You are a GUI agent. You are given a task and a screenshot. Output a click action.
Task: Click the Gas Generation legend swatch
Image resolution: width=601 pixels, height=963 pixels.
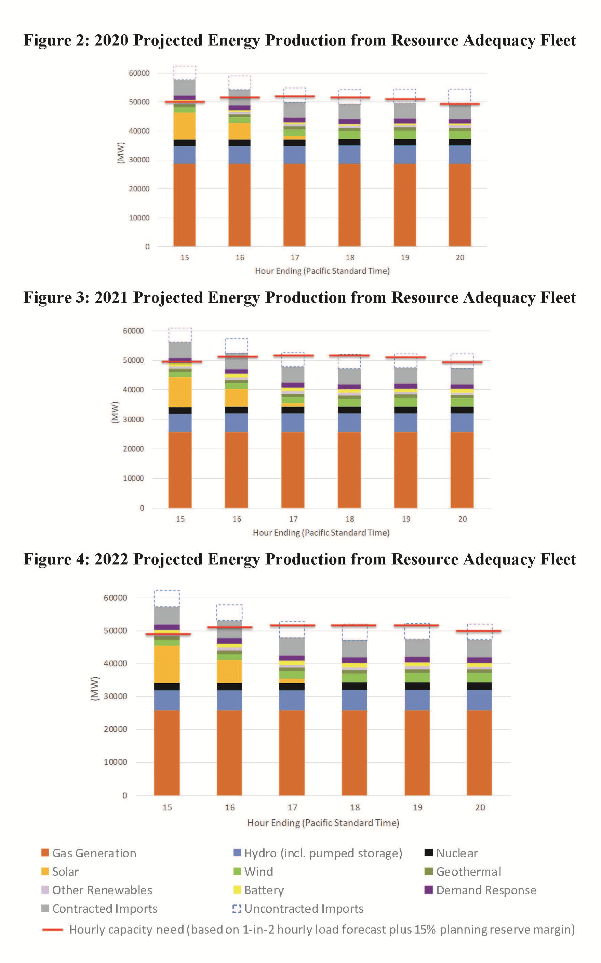coord(45,853)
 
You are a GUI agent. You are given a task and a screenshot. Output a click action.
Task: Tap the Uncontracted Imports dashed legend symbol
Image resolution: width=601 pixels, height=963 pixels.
coord(237,909)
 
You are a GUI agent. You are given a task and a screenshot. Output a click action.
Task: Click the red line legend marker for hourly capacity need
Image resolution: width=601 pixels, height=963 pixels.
coord(52,929)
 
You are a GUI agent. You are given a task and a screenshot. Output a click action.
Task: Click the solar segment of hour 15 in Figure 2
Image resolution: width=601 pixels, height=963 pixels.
coord(184,126)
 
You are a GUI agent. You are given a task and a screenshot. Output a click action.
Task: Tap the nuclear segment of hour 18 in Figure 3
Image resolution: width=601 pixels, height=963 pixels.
coord(349,410)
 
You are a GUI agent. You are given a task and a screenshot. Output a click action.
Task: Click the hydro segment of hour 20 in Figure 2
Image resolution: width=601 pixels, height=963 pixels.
coord(459,154)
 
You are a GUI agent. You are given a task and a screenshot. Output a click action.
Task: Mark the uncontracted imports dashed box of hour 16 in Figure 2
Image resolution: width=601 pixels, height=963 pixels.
coord(239,83)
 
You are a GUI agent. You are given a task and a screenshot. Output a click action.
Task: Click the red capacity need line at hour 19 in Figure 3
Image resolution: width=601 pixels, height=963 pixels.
coord(405,357)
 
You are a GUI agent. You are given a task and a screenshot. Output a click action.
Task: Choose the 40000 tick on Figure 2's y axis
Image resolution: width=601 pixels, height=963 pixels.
coord(139,131)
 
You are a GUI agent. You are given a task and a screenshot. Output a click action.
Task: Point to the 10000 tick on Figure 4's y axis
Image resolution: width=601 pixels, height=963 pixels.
coord(115,762)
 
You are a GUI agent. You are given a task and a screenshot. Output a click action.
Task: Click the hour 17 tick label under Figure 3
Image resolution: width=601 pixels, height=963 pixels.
coord(293,519)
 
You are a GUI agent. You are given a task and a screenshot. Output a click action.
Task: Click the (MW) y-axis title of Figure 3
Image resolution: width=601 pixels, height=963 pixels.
coord(115,413)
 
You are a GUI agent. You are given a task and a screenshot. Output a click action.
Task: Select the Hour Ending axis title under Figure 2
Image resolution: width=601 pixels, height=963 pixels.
coord(322,271)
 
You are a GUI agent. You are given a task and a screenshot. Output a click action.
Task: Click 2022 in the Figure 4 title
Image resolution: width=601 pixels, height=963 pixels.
coord(111,559)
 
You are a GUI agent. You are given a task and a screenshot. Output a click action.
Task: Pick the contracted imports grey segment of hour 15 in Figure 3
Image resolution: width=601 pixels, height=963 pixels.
coord(180,350)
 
